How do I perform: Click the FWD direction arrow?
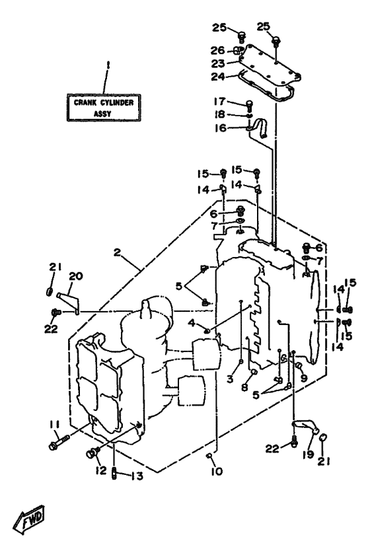pyautogui.click(x=29, y=519)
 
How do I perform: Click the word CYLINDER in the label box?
pyautogui.click(x=117, y=102)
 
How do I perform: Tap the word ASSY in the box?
pyautogui.click(x=102, y=113)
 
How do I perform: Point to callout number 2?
pyautogui.click(x=117, y=252)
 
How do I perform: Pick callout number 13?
pyautogui.click(x=137, y=476)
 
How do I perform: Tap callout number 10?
pyautogui.click(x=217, y=471)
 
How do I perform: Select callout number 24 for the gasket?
pyautogui.click(x=218, y=77)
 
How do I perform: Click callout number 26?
pyautogui.click(x=218, y=51)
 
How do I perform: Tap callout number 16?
pyautogui.click(x=220, y=127)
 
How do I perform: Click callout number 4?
pyautogui.click(x=192, y=323)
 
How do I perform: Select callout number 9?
pyautogui.click(x=304, y=378)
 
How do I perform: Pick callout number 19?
pyautogui.click(x=308, y=454)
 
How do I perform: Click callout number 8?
pyautogui.click(x=244, y=387)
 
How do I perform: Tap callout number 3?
pyautogui.click(x=231, y=379)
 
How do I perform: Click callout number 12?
pyautogui.click(x=101, y=470)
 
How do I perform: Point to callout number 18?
pyautogui.click(x=219, y=114)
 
